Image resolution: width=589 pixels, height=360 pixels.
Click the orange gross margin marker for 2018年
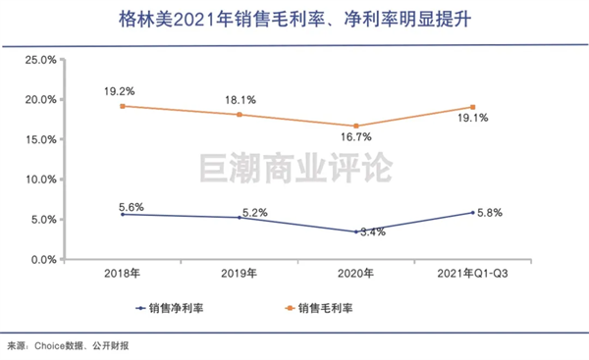(x=123, y=106)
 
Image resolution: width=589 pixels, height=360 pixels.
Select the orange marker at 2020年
(x=356, y=126)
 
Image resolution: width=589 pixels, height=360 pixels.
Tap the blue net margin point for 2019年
(x=240, y=218)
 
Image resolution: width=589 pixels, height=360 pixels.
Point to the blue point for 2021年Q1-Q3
(x=472, y=213)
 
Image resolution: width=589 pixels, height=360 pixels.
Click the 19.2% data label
(x=120, y=91)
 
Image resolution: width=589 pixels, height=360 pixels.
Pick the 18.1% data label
(x=241, y=100)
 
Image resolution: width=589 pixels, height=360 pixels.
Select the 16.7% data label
(x=356, y=137)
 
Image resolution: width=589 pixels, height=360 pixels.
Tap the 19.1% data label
(x=472, y=118)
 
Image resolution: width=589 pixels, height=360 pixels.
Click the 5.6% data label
(x=132, y=207)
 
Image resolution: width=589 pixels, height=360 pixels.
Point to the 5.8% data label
(x=490, y=213)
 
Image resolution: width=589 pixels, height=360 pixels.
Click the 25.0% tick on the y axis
(x=40, y=60)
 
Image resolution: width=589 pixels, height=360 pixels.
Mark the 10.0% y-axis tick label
(x=40, y=180)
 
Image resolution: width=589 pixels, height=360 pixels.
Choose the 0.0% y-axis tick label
(x=43, y=260)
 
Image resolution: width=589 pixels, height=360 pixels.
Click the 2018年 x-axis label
(x=122, y=274)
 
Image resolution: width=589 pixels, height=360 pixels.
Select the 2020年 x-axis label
(x=355, y=274)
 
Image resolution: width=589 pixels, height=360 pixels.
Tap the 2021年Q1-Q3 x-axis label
(x=472, y=274)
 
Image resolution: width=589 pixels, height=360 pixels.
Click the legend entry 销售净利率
(x=170, y=308)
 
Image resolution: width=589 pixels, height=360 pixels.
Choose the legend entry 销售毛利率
(x=319, y=308)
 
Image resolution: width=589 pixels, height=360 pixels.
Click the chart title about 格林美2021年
(x=294, y=20)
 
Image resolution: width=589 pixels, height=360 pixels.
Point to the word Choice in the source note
(x=50, y=345)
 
